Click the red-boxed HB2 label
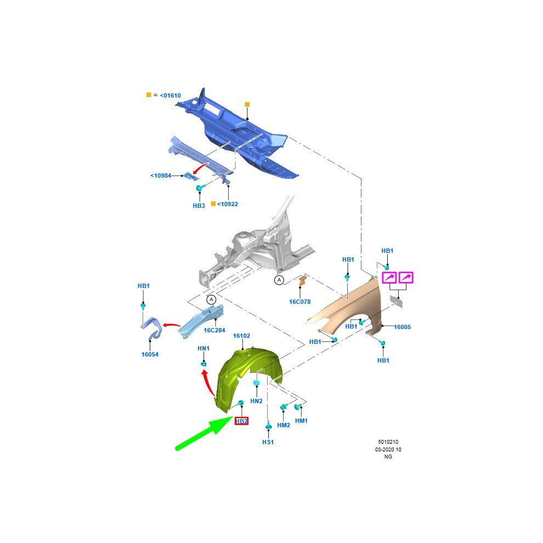click(241, 421)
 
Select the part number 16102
click(241, 336)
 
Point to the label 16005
click(403, 327)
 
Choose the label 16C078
click(300, 302)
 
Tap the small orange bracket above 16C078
click(302, 280)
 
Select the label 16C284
click(214, 330)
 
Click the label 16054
click(150, 354)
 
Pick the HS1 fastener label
click(268, 442)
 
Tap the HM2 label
click(284, 425)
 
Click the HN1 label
click(203, 348)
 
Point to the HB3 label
click(199, 206)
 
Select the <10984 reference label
click(161, 176)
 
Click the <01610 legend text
click(171, 95)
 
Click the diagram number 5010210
click(388, 442)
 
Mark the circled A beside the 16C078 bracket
click(279, 280)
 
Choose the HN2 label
click(256, 401)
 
